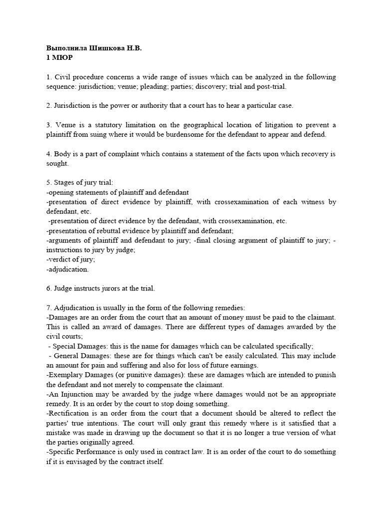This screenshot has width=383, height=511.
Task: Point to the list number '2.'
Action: coord(49,105)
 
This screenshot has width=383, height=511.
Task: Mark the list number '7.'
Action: coord(49,307)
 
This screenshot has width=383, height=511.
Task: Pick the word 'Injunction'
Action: coord(78,394)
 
